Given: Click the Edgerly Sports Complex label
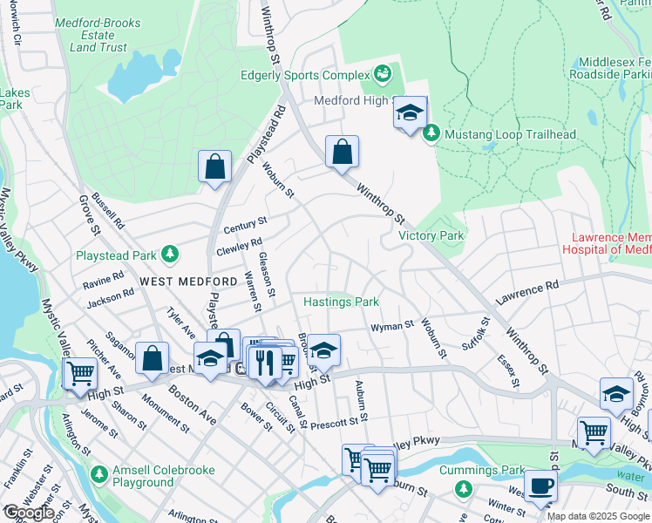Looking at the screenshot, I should pos(305,74).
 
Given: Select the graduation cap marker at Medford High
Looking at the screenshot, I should pos(410,113).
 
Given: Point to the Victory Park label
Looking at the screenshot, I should pos(431,235).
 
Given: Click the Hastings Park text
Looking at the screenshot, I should pos(341,302).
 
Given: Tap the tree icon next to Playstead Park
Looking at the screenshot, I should pos(172,255).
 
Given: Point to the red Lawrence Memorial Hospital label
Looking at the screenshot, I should pos(610,243).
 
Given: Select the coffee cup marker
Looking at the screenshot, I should pos(540,486).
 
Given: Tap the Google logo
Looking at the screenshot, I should pos(28,513).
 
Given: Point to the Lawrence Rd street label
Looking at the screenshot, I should pos(527,292).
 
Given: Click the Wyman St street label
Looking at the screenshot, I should pos(391,326).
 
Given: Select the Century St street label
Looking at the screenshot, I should pos(244,226).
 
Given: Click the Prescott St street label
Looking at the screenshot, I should pos(335,422).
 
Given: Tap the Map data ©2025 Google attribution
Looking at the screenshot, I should pos(598,516).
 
